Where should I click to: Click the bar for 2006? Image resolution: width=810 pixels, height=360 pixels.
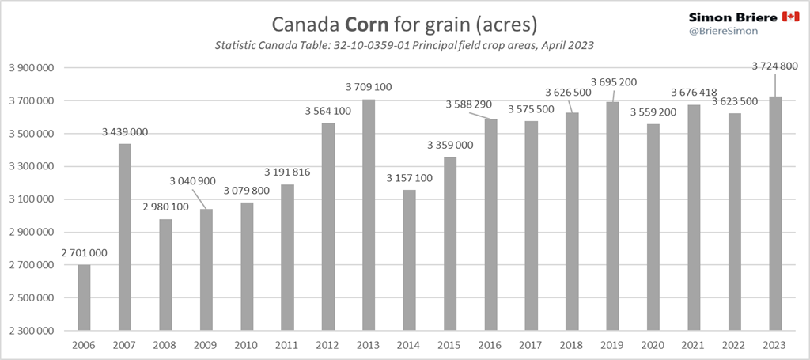[x=84, y=297]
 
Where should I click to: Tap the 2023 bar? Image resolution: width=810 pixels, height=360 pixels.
[x=776, y=214]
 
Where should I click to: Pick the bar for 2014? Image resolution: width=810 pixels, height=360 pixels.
[x=410, y=260]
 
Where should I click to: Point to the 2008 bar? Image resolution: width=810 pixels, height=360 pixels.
[x=165, y=275]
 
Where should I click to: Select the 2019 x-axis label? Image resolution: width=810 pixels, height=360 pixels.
[x=613, y=345]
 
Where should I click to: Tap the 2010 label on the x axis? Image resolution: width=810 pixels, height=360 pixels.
[x=247, y=345]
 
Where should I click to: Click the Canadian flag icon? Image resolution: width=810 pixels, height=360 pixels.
[x=789, y=17]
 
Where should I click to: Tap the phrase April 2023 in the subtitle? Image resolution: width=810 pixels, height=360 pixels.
[x=565, y=46]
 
